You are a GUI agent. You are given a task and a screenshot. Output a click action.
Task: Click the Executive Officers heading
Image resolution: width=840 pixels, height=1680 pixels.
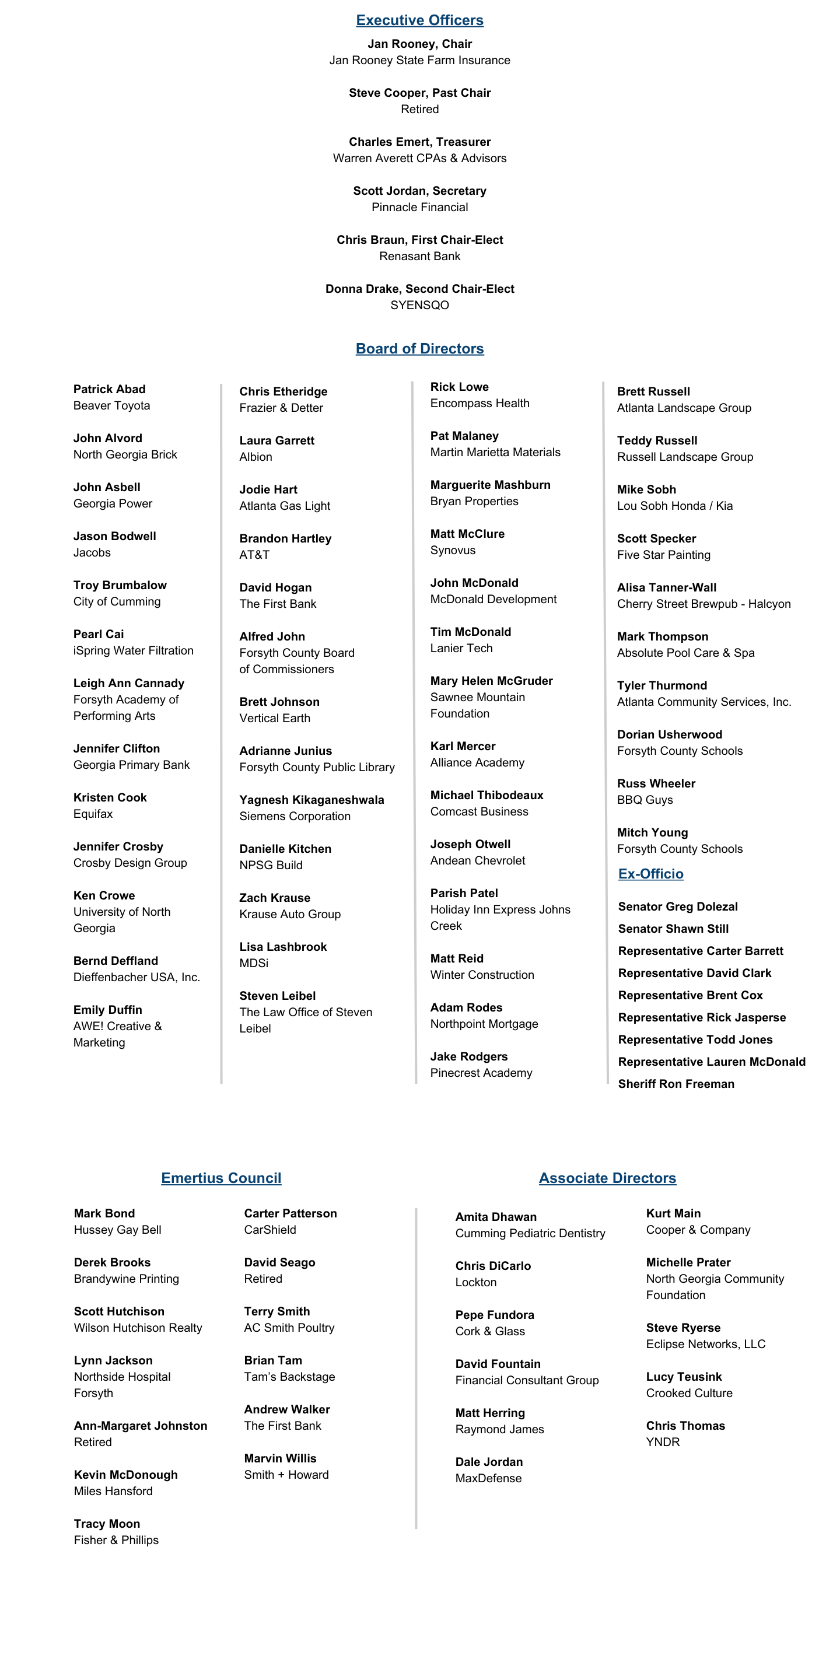(x=419, y=20)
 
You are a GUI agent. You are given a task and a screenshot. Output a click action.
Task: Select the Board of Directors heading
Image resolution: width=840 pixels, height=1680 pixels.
(x=419, y=348)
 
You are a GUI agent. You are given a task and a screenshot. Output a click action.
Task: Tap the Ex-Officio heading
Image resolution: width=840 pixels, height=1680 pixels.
(x=650, y=874)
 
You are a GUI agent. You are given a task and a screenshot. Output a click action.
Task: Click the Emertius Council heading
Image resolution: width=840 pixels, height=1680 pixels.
(x=221, y=1178)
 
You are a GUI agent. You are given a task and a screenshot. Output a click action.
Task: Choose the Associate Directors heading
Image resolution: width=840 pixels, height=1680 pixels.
(x=607, y=1178)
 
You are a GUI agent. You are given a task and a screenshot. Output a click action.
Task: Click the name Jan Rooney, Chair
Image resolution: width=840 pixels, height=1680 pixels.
(x=419, y=44)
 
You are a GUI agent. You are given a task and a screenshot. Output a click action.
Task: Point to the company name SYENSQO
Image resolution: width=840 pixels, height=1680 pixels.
(x=419, y=305)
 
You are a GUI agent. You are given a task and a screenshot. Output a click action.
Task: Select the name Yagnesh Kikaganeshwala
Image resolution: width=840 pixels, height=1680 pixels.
(x=311, y=800)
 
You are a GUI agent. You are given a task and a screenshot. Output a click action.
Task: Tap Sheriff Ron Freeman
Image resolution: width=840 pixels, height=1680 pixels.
(x=675, y=1084)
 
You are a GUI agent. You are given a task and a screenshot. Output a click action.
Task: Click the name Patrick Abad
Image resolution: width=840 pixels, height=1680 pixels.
(x=109, y=389)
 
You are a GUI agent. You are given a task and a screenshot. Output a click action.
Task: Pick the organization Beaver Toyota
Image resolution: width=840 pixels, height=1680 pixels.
(x=111, y=405)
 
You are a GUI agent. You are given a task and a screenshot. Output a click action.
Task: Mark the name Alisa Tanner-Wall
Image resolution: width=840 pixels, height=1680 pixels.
(x=667, y=587)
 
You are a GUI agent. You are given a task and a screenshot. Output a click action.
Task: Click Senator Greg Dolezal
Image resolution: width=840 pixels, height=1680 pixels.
(x=678, y=907)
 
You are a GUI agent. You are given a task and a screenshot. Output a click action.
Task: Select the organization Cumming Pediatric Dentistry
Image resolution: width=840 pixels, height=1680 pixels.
(x=530, y=1233)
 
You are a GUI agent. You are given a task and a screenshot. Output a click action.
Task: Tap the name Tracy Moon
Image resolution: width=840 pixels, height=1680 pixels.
(x=106, y=1524)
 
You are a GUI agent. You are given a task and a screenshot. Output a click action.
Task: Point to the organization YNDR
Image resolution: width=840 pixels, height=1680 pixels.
(x=663, y=1442)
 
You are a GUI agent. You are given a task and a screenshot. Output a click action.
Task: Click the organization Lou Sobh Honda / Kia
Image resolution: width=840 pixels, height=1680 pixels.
(x=674, y=506)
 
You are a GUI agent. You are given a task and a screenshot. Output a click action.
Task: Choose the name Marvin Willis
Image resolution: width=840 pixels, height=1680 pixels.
(x=280, y=1458)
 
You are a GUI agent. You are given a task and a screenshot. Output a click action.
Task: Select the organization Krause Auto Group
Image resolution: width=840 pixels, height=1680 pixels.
(x=289, y=914)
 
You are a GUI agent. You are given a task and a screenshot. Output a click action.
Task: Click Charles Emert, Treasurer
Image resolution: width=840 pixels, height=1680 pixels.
(x=419, y=142)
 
